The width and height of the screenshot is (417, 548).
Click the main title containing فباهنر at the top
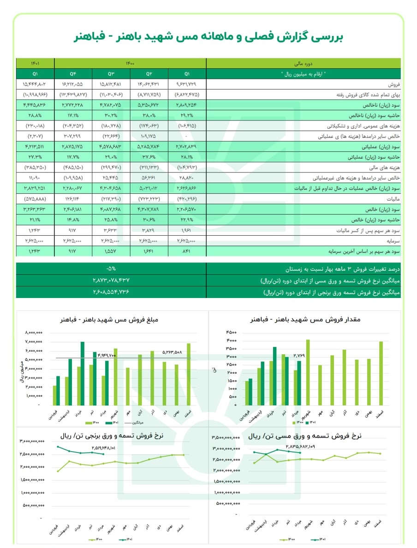(x=209, y=37)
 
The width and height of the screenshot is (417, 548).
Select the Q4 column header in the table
(x=72, y=74)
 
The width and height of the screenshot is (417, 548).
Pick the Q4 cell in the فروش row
(x=72, y=84)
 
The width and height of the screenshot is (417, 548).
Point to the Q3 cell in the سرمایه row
(x=111, y=240)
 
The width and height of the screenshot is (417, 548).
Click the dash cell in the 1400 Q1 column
(x=187, y=137)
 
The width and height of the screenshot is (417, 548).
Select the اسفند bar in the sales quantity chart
(x=381, y=374)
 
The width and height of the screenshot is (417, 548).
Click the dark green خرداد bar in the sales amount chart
(x=83, y=373)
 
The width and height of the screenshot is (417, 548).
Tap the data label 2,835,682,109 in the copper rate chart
(x=300, y=447)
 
